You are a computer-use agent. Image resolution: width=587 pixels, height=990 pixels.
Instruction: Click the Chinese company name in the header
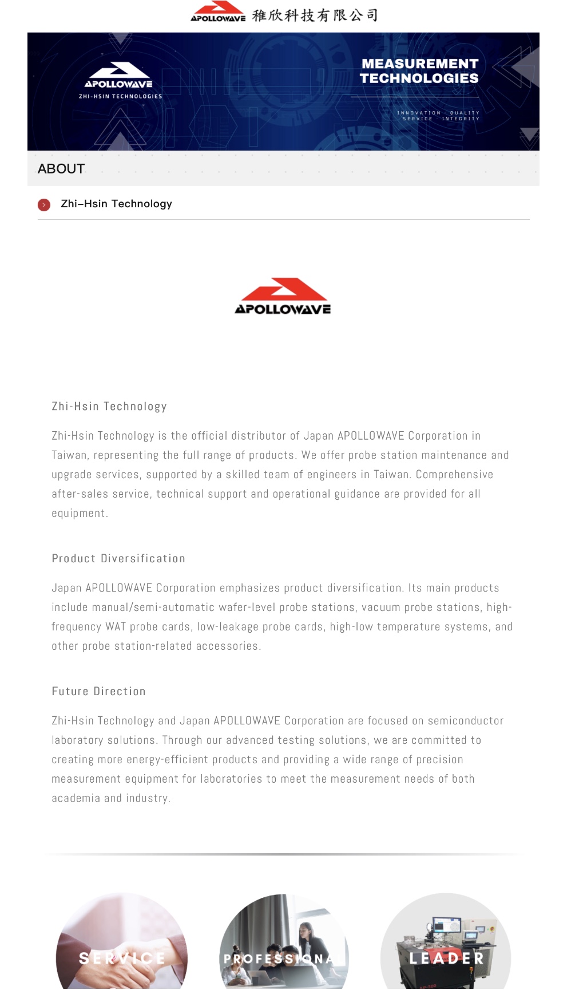(315, 15)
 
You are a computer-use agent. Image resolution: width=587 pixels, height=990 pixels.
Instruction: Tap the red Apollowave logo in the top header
(218, 11)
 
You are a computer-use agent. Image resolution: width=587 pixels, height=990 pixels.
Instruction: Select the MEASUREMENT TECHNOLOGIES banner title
(419, 71)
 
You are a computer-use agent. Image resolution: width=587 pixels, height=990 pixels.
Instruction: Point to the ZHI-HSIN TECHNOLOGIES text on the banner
(120, 96)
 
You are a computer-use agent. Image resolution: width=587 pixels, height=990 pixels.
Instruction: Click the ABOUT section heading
(61, 169)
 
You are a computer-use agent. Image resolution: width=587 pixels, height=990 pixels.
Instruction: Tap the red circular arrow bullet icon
(44, 204)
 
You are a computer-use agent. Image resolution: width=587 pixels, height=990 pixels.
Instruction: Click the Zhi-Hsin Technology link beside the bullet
(116, 204)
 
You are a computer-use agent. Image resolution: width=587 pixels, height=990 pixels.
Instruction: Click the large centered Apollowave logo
(283, 297)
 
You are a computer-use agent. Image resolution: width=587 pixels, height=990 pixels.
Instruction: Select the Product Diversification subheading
(118, 558)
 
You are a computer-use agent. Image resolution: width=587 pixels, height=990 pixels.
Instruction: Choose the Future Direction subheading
(98, 691)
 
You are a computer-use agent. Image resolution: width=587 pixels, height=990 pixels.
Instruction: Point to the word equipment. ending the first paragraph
(80, 514)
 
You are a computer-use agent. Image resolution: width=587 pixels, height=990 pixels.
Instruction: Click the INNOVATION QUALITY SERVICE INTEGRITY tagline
(438, 116)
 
